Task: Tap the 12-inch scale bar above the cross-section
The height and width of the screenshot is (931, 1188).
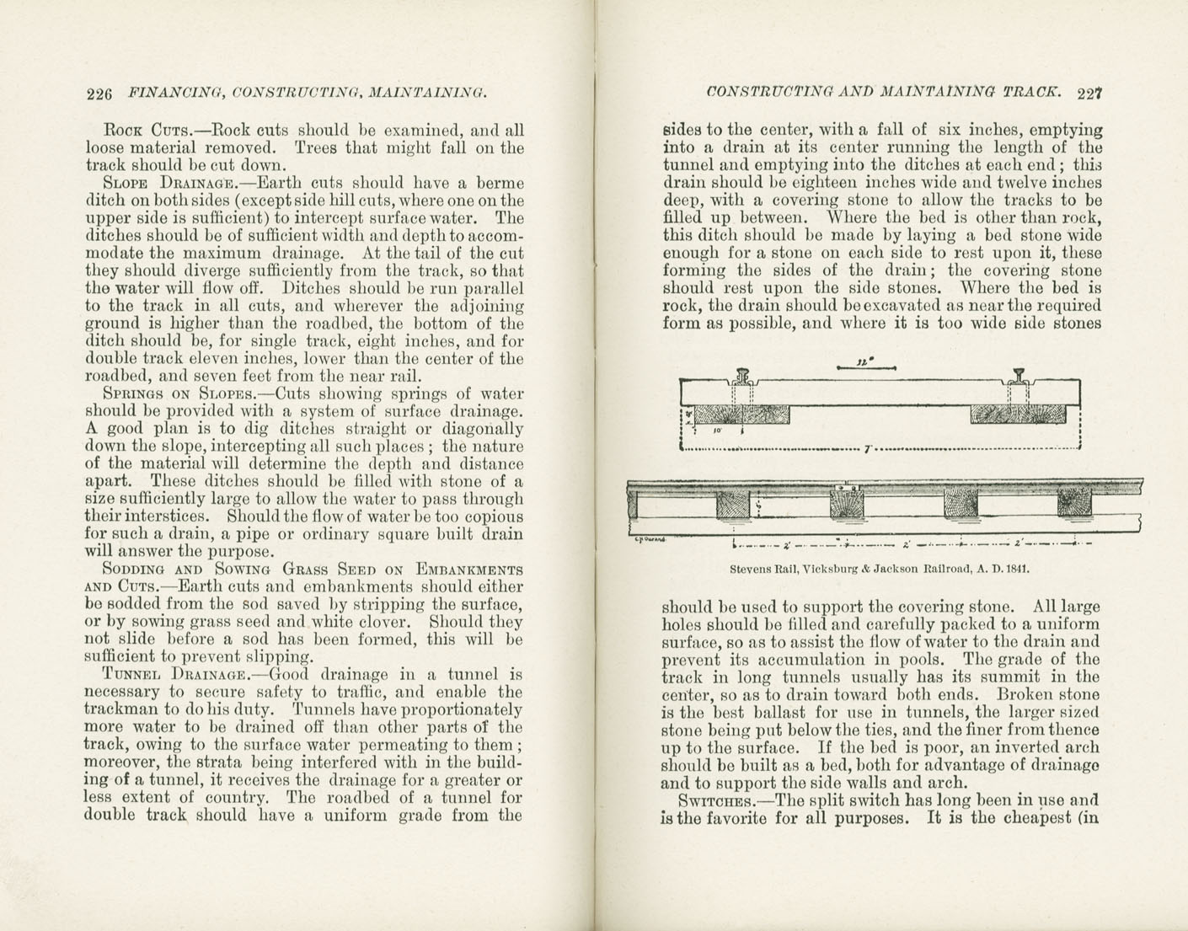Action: (x=867, y=365)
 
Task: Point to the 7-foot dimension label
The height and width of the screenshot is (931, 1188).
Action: (x=866, y=448)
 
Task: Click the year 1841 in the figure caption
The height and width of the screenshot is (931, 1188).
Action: (x=1014, y=569)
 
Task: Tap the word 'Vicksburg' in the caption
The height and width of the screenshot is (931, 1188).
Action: (x=829, y=569)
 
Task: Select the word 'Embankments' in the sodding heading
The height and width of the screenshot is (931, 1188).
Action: (x=468, y=570)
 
